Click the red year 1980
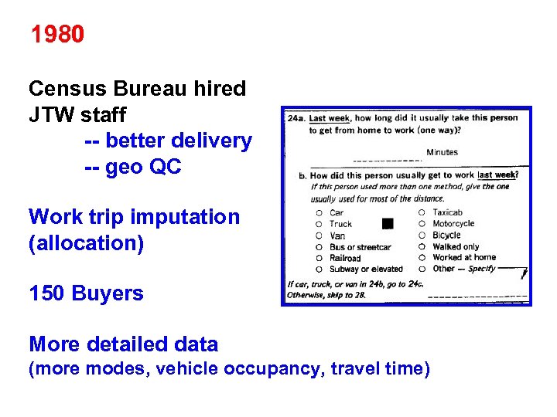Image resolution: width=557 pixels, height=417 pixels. [x=57, y=35]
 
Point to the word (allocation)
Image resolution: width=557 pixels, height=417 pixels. [x=86, y=243]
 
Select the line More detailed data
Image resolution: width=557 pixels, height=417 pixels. [x=123, y=344]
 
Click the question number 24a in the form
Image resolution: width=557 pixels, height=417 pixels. [x=295, y=119]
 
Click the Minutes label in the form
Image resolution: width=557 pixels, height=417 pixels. [x=442, y=153]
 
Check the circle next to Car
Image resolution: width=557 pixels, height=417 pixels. [x=318, y=212]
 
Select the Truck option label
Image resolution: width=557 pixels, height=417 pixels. [x=340, y=224]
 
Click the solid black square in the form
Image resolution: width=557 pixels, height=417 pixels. [x=388, y=224]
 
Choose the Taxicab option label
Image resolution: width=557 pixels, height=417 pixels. [x=447, y=212]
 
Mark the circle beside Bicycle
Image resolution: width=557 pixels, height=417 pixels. [x=421, y=235]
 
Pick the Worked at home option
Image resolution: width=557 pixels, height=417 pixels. [x=464, y=257]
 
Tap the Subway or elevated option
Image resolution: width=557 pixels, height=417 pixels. [x=366, y=269]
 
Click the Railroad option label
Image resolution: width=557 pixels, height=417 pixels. [x=345, y=258]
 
